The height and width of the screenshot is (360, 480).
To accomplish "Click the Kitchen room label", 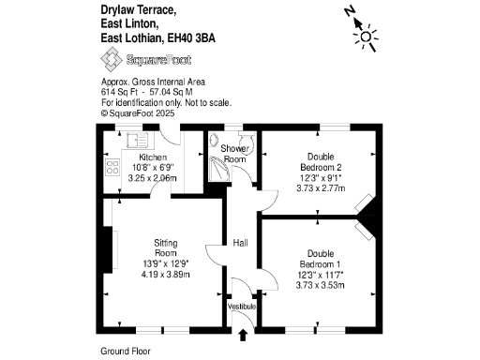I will pos(153,157).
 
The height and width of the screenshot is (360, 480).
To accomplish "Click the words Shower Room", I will pos(234,154).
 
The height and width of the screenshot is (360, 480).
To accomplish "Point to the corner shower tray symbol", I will pos(217,166).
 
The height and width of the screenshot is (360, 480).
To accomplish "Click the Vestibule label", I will pos(242,307).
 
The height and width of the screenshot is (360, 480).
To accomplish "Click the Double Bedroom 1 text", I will pos(320,259).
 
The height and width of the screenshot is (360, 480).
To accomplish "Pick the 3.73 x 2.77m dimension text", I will pos(320,187).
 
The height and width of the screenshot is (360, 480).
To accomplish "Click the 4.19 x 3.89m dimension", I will pos(165,275).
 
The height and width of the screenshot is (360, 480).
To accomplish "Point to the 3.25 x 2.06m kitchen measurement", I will pos(153,176).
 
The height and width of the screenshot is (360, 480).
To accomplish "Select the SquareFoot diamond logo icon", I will pos(112,61).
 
